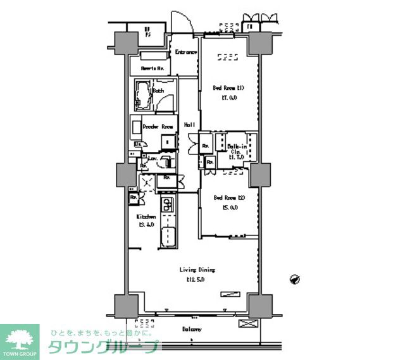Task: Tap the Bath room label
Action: (x=158, y=91)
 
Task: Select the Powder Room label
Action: (x=158, y=127)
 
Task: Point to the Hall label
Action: (x=189, y=125)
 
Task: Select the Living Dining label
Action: (x=194, y=270)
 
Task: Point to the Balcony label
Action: (x=192, y=330)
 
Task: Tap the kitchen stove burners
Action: (x=167, y=205)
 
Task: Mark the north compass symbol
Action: (x=294, y=278)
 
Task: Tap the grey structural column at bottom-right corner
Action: (x=259, y=306)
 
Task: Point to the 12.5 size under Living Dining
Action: (x=195, y=279)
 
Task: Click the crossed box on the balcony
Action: (x=247, y=323)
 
